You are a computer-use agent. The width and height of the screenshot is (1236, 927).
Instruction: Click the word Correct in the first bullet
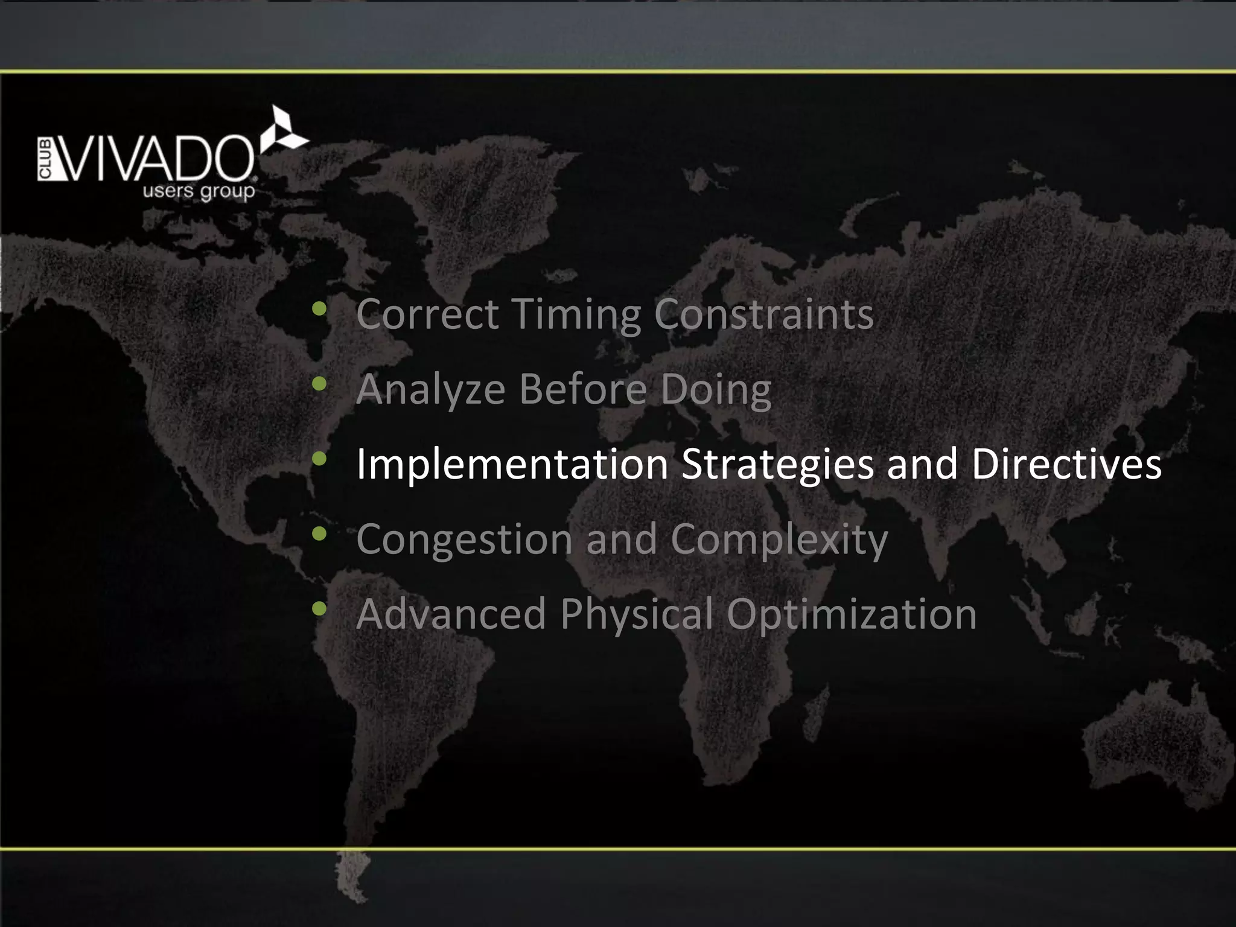(x=427, y=314)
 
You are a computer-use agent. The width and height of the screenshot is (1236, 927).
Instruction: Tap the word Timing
(x=576, y=314)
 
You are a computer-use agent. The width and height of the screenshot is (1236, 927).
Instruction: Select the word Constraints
(x=763, y=314)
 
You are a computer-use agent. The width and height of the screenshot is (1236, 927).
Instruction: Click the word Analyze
(x=430, y=389)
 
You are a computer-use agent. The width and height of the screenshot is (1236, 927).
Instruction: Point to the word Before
(x=583, y=389)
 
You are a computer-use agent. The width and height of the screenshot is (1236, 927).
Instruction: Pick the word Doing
(x=716, y=390)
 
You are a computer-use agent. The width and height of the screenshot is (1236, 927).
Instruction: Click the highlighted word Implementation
(x=512, y=465)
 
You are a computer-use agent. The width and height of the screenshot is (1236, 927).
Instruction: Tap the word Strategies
(x=777, y=465)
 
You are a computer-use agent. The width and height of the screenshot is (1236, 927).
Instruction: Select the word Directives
(x=1066, y=464)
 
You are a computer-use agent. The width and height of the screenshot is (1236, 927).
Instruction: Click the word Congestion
(x=463, y=540)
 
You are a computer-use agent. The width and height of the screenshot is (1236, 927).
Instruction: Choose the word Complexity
(x=779, y=540)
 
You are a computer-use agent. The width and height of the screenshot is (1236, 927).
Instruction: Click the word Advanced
(x=451, y=614)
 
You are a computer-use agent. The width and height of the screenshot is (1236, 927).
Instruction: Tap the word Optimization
(x=851, y=614)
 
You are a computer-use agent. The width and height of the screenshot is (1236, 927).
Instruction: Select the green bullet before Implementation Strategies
(x=319, y=460)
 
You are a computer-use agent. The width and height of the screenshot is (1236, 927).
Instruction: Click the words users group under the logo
(x=199, y=193)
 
